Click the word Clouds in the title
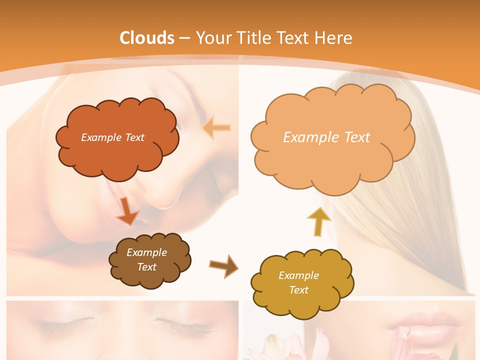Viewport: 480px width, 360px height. coord(147,37)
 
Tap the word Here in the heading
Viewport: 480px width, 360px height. coord(335,37)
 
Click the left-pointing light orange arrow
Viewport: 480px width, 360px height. coord(217,128)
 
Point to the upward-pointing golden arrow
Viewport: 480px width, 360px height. coord(318,222)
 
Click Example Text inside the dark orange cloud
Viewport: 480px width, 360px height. coord(113,137)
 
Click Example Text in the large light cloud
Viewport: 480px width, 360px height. coord(326,137)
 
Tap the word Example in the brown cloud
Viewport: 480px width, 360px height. coord(146,252)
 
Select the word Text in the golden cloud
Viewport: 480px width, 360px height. coord(298,290)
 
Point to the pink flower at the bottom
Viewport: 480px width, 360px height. coord(280,347)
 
